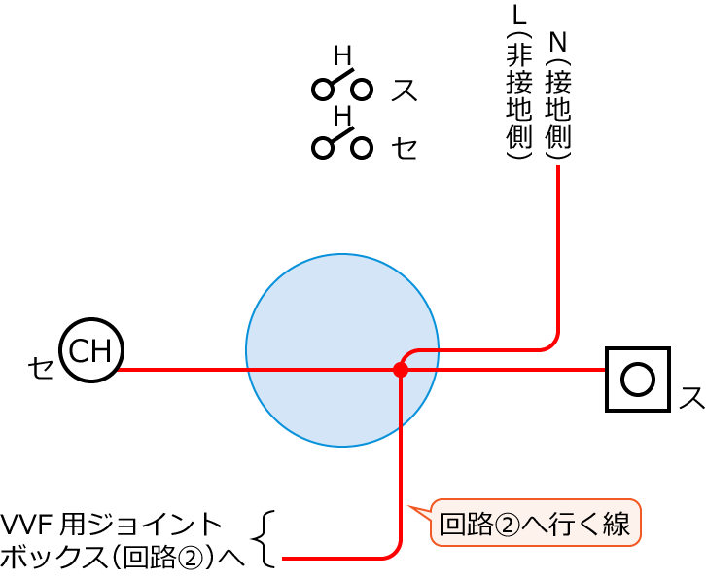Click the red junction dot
tap(401, 370)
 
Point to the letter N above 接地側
tap(558, 42)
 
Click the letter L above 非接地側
tap(519, 16)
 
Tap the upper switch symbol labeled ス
tap(342, 85)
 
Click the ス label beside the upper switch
tap(405, 90)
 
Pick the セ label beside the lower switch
tap(405, 147)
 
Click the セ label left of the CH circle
tap(41, 367)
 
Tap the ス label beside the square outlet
tap(691, 397)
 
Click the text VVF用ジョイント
tap(111, 526)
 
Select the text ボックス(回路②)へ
tap(123, 558)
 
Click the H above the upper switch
tap(342, 56)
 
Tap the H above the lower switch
tap(342, 116)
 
